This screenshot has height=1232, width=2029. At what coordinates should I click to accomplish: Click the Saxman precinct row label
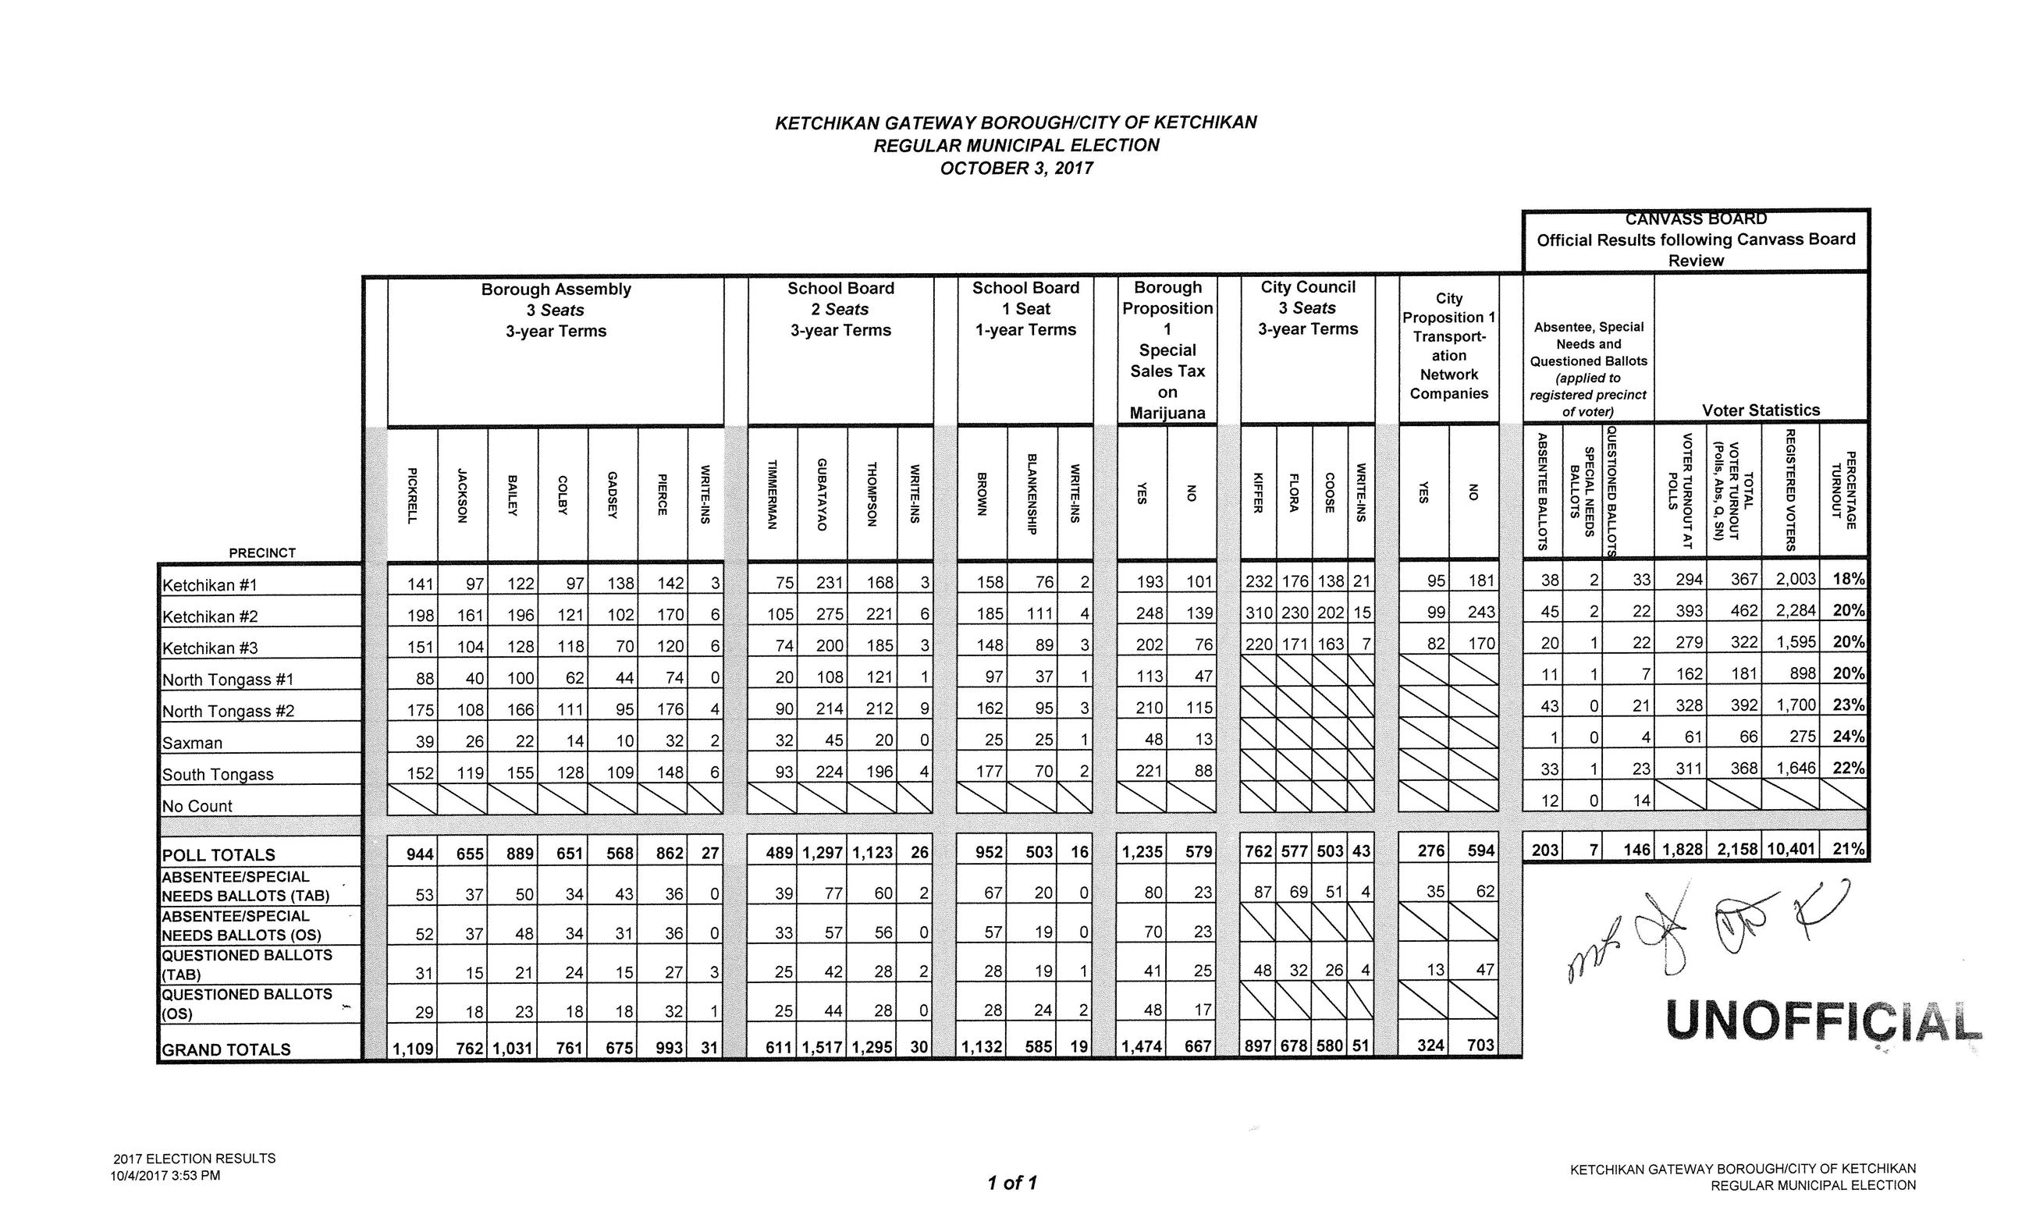click(x=193, y=743)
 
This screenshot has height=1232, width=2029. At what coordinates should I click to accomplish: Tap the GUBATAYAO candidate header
click(x=821, y=494)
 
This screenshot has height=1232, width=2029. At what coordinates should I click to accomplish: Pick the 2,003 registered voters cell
click(x=1795, y=579)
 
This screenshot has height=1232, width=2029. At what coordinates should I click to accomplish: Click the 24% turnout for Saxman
click(x=1848, y=737)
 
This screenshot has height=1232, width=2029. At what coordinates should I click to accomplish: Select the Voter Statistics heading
click(x=1761, y=410)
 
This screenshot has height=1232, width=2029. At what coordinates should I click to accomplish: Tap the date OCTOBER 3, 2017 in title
click(x=1016, y=168)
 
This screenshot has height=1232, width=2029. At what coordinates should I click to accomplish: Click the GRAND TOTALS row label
click(x=226, y=1049)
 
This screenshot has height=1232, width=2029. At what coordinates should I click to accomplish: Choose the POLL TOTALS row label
click(x=219, y=855)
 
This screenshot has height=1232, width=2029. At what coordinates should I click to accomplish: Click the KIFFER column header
click(x=1257, y=492)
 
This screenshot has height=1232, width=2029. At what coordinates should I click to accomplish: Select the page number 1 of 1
click(x=1012, y=1183)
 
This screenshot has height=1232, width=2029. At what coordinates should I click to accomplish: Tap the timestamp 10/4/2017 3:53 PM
click(x=165, y=1175)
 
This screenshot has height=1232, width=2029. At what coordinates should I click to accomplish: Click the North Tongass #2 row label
click(x=228, y=712)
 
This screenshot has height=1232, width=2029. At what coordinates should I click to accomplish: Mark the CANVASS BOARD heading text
click(x=1696, y=219)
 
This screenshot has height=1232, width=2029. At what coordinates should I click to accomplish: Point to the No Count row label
click(x=197, y=806)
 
